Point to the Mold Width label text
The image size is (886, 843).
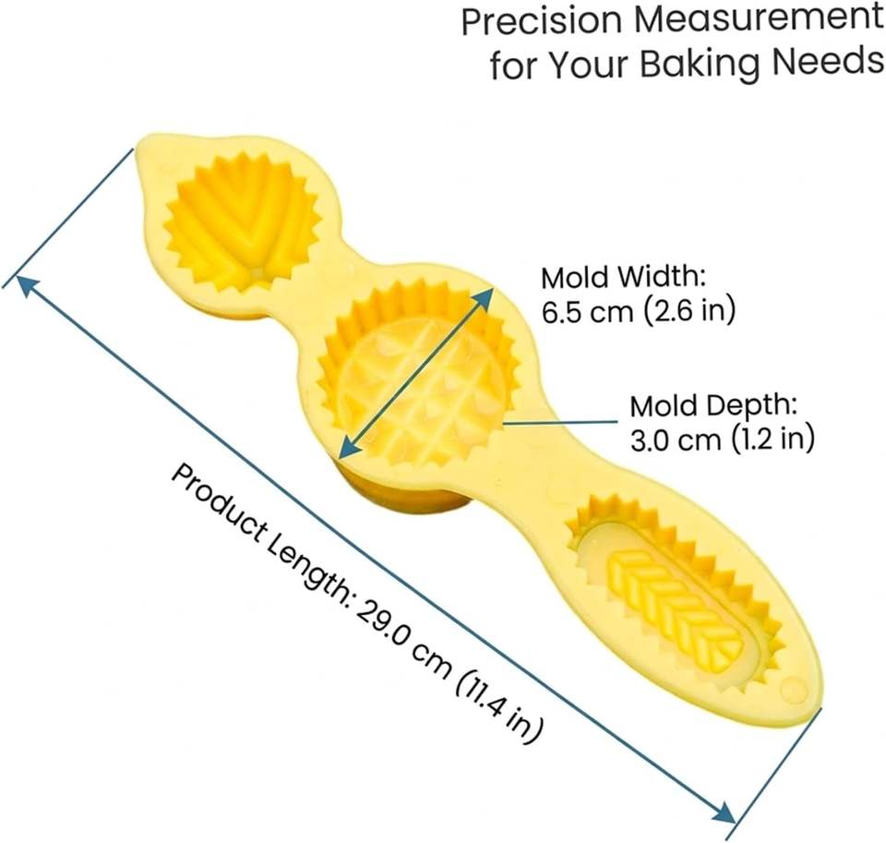(624, 277)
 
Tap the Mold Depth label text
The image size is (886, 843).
(713, 405)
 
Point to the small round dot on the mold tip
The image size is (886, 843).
(794, 689)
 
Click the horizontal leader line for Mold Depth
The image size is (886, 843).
(560, 421)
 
